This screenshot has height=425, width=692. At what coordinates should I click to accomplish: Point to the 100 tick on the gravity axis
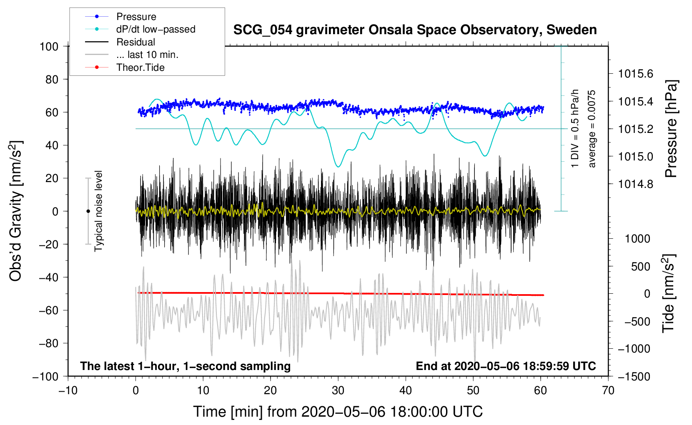pos(49,47)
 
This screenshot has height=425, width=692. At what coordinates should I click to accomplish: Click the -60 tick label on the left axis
pos(48,310)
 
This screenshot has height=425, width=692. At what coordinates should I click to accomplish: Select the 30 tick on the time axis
pos(338,390)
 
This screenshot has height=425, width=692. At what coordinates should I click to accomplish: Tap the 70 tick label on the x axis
pos(608,390)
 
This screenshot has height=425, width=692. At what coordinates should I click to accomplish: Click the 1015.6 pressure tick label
pos(635,74)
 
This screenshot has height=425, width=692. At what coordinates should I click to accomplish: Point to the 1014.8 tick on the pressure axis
pos(635,184)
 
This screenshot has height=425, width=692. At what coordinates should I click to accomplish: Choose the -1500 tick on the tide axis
pos(634,377)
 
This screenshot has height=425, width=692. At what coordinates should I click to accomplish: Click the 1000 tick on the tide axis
pos(637,239)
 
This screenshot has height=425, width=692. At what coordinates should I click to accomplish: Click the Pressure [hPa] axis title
pos(670,129)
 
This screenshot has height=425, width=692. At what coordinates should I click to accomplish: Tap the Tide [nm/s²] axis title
pos(669,294)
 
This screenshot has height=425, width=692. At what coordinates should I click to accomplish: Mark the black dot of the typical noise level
pos(88,211)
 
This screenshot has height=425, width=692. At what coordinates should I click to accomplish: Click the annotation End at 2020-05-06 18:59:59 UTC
pos(506,366)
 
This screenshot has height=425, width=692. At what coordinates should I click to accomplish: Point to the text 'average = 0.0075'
pos(592,129)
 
